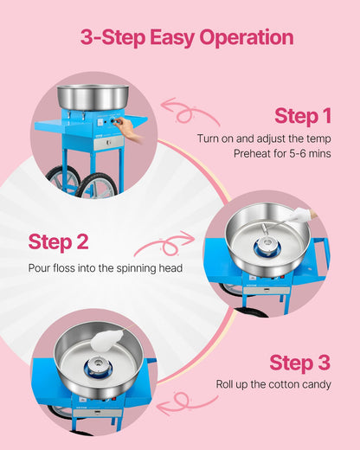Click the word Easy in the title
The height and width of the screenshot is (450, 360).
click(x=180, y=38)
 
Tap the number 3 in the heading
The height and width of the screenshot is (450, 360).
click(x=87, y=38)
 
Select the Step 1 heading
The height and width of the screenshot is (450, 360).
click(x=302, y=116)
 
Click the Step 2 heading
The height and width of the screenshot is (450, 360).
click(x=57, y=241)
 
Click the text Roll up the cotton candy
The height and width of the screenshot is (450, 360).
click(x=273, y=383)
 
